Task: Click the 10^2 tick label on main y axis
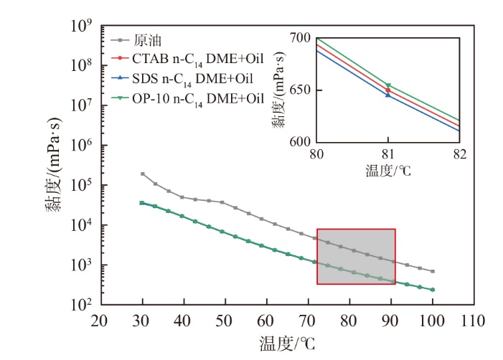pyautogui.click(x=83, y=305)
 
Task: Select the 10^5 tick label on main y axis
pyautogui.click(x=83, y=186)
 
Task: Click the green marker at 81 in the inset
pyautogui.click(x=388, y=85)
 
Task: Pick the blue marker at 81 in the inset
pyautogui.click(x=388, y=95)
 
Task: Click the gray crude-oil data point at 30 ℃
pyautogui.click(x=142, y=174)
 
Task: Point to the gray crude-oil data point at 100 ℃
pyautogui.click(x=433, y=271)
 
